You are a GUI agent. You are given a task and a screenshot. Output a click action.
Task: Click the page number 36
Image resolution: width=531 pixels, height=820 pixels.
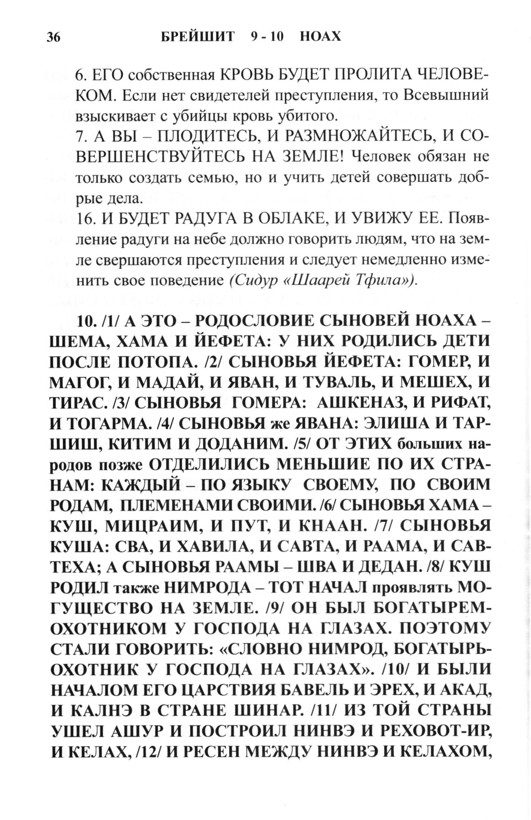(54, 37)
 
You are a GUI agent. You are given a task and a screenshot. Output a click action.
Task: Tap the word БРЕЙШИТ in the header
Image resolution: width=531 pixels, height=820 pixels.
(198, 36)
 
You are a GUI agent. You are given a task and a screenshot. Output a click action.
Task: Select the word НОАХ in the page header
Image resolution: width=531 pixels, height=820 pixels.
(320, 36)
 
